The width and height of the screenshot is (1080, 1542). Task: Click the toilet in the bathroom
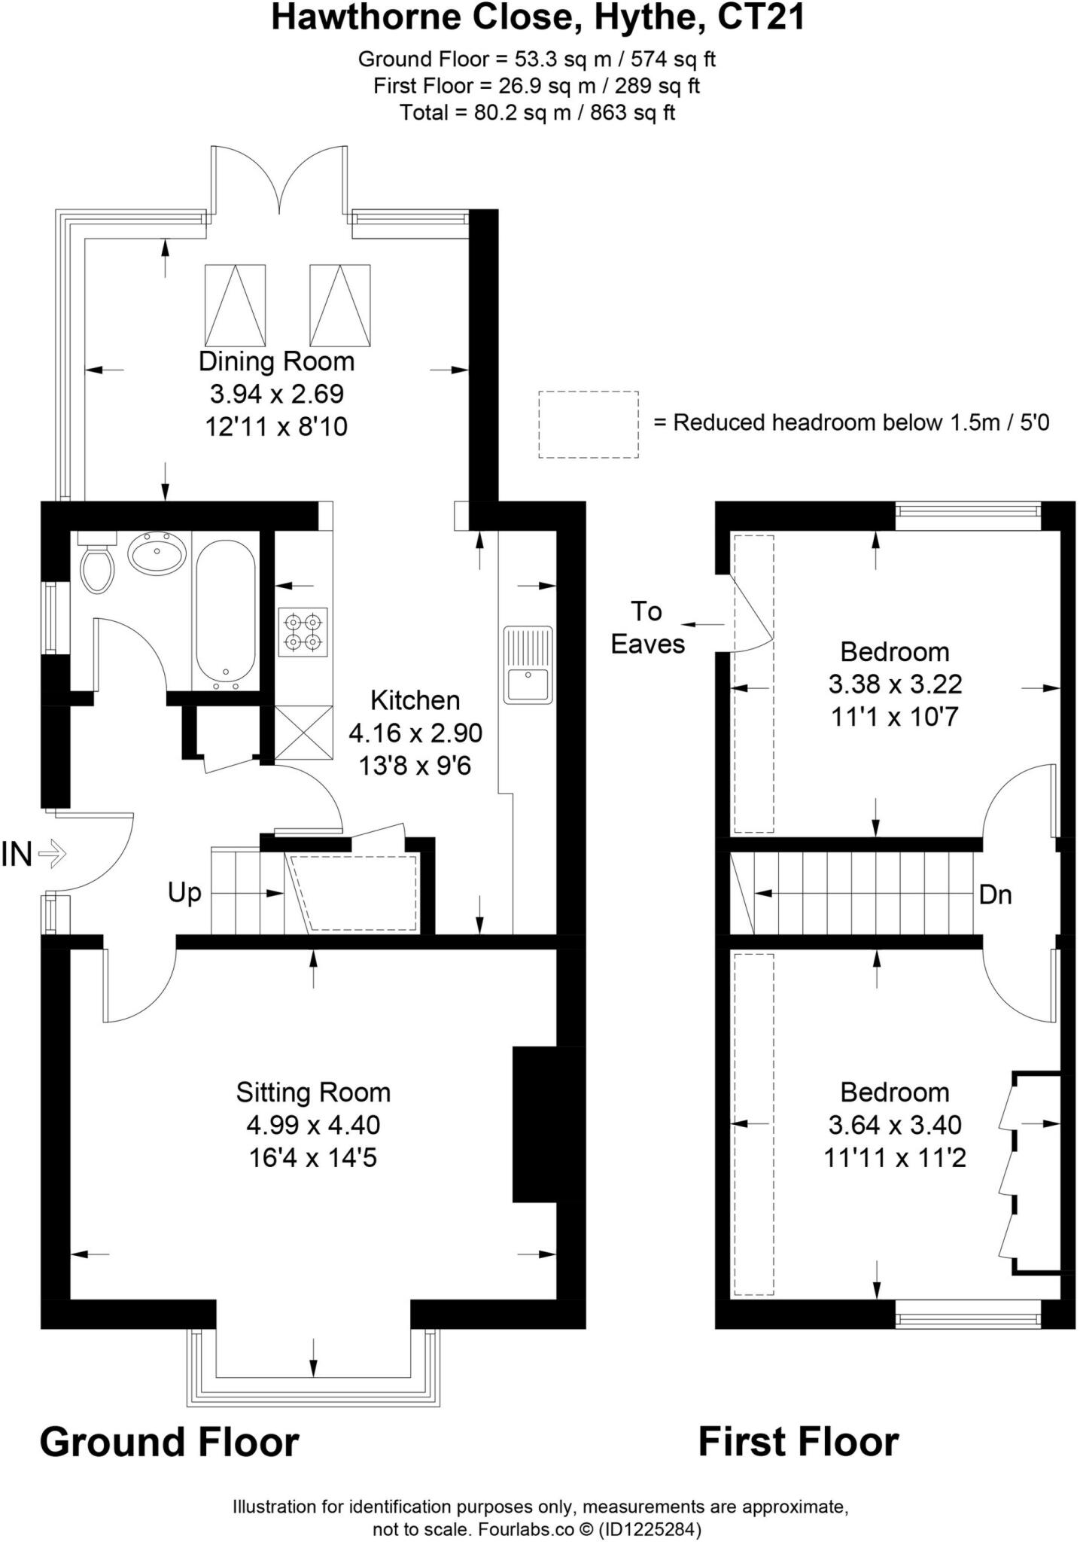(x=97, y=565)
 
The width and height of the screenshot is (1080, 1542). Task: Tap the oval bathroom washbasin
(x=157, y=556)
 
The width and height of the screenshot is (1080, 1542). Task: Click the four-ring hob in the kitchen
(x=303, y=632)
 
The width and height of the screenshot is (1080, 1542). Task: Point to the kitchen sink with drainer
(x=528, y=664)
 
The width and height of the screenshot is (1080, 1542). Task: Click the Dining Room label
(x=276, y=361)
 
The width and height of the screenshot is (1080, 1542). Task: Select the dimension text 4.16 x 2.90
(x=415, y=733)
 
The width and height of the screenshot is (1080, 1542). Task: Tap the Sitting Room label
(x=313, y=1092)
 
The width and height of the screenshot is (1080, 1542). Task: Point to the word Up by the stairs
(x=184, y=893)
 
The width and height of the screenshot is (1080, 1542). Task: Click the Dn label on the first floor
(x=995, y=894)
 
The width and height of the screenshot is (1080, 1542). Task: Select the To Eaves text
(x=647, y=628)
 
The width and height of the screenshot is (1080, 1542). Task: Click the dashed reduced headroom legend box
(x=588, y=424)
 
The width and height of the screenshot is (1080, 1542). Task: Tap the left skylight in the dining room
(x=235, y=305)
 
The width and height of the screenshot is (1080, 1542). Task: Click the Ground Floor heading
(x=169, y=1442)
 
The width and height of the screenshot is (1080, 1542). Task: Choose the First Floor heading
(x=798, y=1442)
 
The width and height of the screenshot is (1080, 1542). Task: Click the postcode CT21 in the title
(x=761, y=18)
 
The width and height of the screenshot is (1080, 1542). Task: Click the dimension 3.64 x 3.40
(x=894, y=1125)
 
